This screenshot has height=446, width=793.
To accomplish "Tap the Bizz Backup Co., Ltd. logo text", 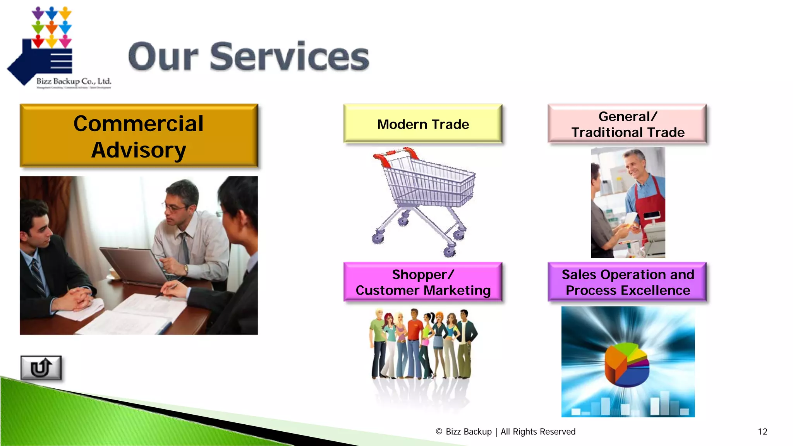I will pos(74,81).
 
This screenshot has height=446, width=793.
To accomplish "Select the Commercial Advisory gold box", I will pos(139,136).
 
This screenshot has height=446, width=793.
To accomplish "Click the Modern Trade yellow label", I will pos(423,124).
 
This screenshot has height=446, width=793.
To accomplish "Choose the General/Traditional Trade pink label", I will pos(627,124).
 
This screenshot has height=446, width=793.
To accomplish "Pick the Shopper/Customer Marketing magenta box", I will pos(423,282).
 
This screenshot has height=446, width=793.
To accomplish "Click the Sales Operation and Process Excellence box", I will pos(627,282).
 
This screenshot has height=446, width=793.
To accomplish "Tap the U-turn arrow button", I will pos(41,367).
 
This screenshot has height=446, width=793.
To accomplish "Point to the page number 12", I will pos(762,432).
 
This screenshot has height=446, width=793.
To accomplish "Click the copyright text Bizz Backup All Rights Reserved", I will pos(506,432).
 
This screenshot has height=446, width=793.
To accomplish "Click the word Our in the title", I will pos(163,57).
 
